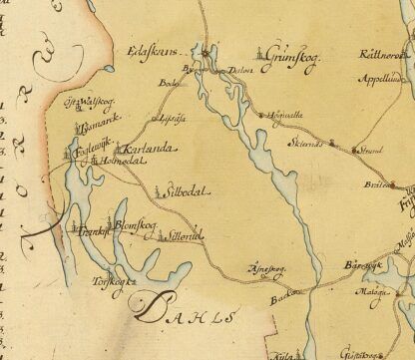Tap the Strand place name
[371, 151]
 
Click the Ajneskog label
[265, 265]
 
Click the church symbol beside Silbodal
[158, 189]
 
